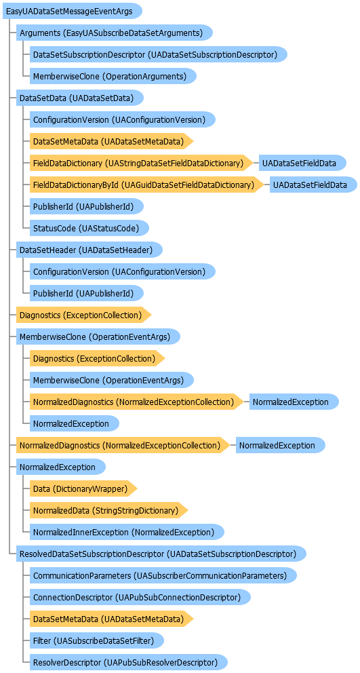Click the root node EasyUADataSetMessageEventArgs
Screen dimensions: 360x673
pos(72,11)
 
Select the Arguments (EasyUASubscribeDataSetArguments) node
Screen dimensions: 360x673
pos(115,33)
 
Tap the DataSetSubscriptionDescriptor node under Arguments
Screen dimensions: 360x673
pos(159,54)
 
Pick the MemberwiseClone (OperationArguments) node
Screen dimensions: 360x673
pos(113,77)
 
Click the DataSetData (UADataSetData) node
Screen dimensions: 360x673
pos(80,98)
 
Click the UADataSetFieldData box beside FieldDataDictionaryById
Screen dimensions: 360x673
pos(314,185)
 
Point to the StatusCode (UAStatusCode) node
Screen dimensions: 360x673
pos(89,229)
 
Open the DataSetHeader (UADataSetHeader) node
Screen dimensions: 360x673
pos(89,250)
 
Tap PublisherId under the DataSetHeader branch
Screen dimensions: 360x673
pos(86,294)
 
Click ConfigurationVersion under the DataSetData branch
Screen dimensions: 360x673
pos(122,120)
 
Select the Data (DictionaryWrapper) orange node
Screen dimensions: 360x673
pos(83,488)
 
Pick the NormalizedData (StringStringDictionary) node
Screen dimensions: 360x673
pos(109,510)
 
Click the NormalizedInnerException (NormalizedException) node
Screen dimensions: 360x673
pos(127,532)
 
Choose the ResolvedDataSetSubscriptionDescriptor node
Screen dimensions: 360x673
pos(161,554)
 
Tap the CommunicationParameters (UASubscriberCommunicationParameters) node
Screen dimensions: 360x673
pos(163,575)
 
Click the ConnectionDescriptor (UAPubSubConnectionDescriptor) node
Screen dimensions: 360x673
pos(140,597)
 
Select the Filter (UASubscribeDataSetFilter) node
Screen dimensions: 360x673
pos(97,640)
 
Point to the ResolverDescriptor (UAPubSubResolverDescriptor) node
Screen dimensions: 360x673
pos(128,662)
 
